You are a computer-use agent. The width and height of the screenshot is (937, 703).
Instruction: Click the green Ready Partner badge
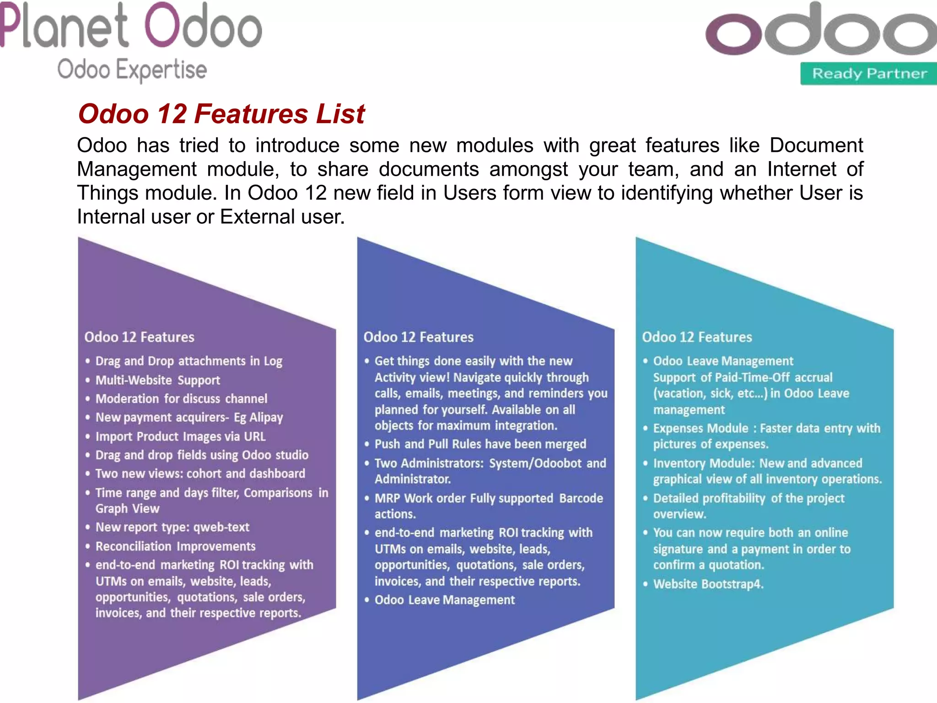pos(869,74)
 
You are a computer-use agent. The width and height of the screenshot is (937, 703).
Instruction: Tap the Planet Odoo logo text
pos(131,27)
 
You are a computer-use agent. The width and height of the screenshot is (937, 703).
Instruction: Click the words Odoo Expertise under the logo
pos(132,70)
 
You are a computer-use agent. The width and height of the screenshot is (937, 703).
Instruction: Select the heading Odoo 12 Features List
pos(221,114)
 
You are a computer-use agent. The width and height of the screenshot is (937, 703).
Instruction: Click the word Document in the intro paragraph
pos(816,146)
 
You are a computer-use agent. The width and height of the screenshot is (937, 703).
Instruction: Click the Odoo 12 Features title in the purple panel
pos(139,337)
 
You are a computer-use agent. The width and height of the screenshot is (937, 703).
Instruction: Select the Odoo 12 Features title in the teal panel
pos(697,337)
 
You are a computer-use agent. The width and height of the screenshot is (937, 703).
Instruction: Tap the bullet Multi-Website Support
pos(157,380)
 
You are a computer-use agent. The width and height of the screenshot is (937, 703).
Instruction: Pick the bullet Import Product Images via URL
pos(180,437)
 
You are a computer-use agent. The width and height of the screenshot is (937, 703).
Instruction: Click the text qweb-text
pos(221,527)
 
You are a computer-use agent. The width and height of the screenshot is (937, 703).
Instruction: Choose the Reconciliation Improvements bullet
pos(175,546)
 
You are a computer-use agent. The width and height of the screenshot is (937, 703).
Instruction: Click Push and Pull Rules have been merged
pos(480,444)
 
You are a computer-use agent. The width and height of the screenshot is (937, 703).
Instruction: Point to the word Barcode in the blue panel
pos(581,498)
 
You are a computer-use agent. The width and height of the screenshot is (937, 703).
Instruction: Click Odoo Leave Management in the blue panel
pos(444,600)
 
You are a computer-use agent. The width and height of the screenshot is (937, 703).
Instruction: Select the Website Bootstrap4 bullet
pos(708,584)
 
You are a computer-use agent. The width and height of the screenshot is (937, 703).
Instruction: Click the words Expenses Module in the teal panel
pos(700,428)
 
